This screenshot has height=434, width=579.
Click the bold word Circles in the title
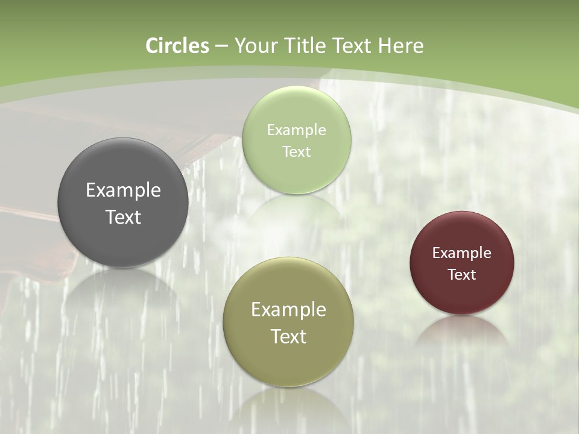tap(177, 46)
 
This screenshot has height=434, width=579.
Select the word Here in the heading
tap(401, 46)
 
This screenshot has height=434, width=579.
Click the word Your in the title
tap(256, 46)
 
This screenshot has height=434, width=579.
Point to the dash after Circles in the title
tap(221, 46)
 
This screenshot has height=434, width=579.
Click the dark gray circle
tap(123, 203)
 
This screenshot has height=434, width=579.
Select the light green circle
tap(296, 140)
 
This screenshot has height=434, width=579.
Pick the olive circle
tap(288, 322)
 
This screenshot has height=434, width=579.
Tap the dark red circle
tap(462, 263)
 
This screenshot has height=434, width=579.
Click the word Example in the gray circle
tap(123, 190)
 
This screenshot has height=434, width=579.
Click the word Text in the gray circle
tap(123, 217)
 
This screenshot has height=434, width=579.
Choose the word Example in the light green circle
tap(296, 130)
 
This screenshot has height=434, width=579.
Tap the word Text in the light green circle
tap(296, 151)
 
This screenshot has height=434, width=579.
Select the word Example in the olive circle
tap(288, 310)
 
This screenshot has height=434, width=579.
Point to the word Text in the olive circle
tap(288, 336)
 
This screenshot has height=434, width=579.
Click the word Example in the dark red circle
tap(462, 253)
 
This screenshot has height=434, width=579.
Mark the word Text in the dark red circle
tap(462, 275)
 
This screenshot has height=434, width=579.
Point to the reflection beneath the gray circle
tap(123, 289)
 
